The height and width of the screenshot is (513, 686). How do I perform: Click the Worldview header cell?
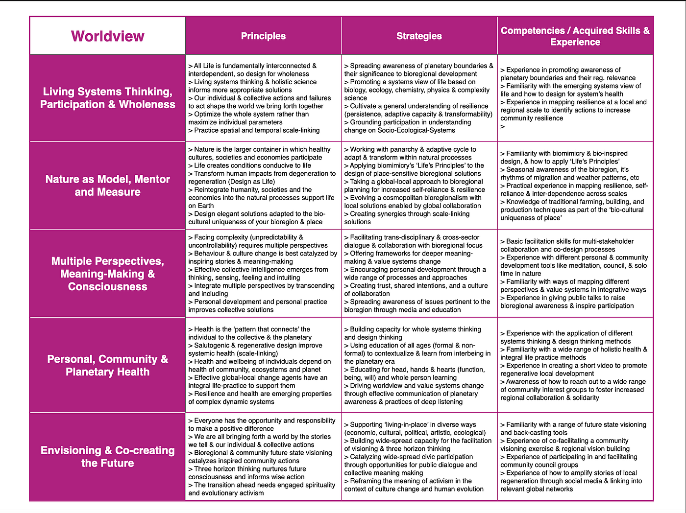[107, 36]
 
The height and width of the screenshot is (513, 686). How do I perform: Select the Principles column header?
[263, 36]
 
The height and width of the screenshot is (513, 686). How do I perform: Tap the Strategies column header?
[419, 36]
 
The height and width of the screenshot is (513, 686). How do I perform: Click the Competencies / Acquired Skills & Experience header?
[575, 36]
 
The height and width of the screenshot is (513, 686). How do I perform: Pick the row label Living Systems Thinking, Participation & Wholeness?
[107, 98]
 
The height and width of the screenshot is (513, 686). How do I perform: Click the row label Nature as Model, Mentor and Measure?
[107, 186]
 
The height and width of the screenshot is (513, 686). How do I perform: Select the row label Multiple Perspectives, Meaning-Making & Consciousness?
[107, 274]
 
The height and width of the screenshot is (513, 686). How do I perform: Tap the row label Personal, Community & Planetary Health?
[107, 365]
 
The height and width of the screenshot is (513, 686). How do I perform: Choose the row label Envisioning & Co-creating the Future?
[107, 457]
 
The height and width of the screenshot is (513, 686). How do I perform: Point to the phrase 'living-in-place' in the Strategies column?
[402, 424]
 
